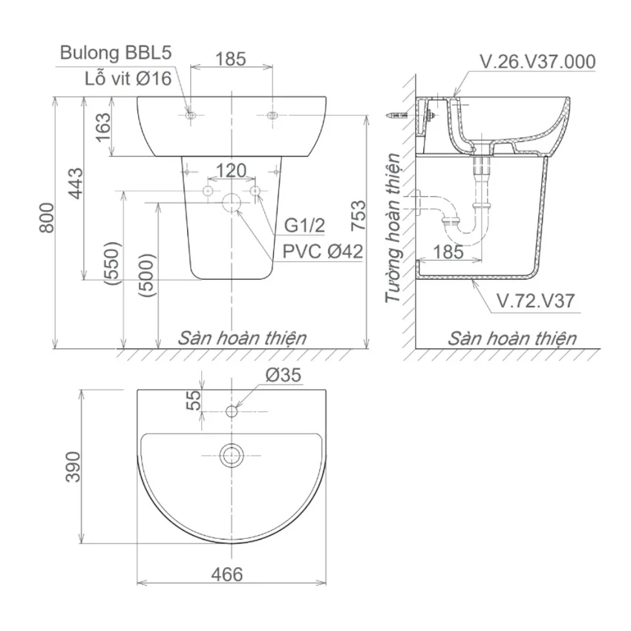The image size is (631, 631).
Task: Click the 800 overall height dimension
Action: click(47, 218)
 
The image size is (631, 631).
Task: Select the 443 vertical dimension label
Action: click(75, 183)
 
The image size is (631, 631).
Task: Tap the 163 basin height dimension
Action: click(103, 127)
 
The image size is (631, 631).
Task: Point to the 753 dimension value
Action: click(358, 215)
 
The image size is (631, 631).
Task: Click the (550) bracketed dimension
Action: click(112, 264)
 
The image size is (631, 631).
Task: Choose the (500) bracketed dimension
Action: click(146, 275)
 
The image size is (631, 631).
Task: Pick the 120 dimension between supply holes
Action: click(231, 171)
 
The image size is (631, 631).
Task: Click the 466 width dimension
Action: click(227, 575)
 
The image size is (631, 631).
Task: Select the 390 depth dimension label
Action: click(73, 467)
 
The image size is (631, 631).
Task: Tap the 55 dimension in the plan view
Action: click(194, 400)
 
